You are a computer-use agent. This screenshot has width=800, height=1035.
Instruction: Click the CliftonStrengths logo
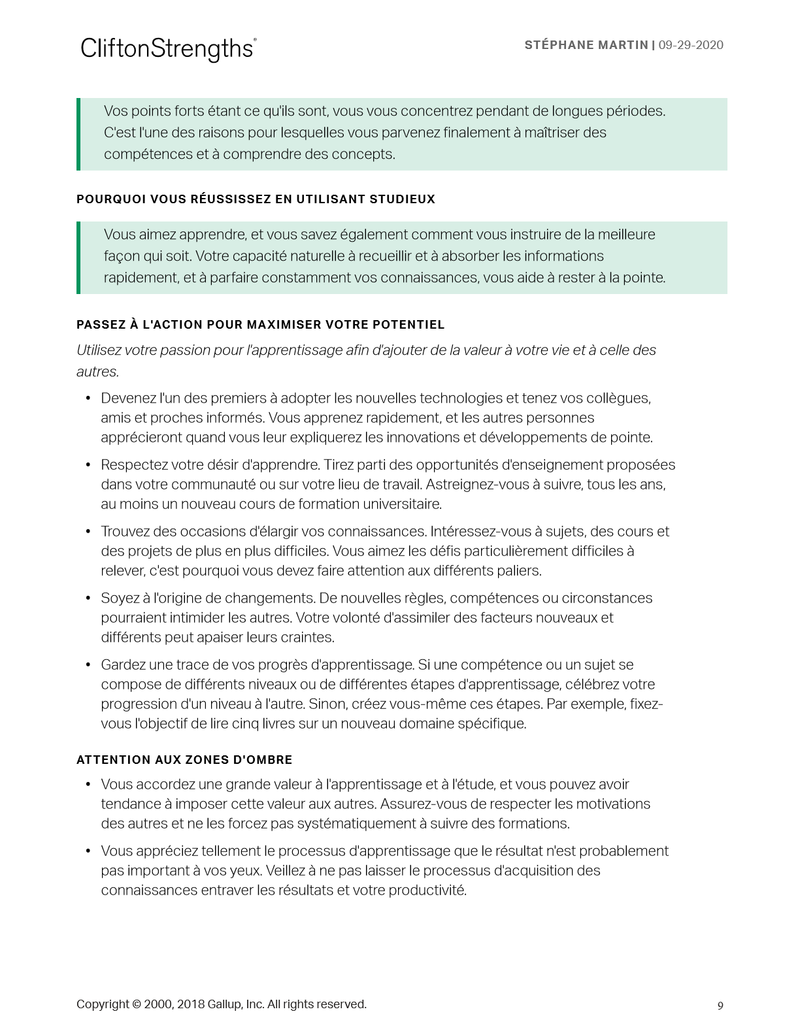coord(168,48)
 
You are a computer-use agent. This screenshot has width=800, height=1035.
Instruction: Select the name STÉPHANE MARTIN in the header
coord(586,45)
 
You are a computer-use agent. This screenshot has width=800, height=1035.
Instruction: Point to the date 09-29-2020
coord(691,45)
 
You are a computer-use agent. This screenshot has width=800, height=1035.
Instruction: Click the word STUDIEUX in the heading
coord(402,199)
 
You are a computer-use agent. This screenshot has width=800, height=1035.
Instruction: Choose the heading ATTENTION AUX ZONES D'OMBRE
coord(184,760)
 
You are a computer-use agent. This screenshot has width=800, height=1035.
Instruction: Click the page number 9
coord(720,1006)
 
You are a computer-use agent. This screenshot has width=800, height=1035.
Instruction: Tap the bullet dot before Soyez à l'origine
coord(88,599)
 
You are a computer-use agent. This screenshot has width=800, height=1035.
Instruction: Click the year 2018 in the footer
coord(190,1004)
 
